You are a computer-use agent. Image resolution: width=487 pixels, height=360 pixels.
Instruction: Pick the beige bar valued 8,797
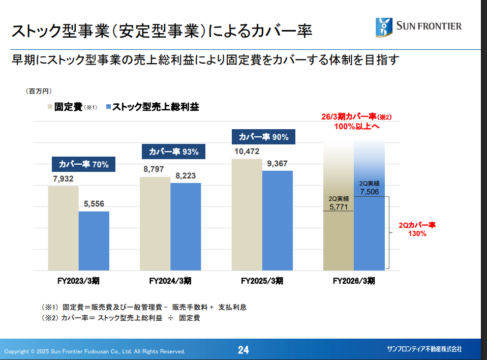155,223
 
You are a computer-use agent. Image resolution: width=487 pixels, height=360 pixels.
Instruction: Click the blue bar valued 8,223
186,226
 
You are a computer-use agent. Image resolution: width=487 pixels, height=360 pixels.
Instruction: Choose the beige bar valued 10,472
247,214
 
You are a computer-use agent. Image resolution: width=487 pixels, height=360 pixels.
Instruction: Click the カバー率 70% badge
80,164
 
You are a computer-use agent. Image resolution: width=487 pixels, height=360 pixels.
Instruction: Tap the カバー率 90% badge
263,137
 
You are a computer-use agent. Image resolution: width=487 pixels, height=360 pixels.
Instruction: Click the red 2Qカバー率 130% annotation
417,229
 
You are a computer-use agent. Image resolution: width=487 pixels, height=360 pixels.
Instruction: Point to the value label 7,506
370,191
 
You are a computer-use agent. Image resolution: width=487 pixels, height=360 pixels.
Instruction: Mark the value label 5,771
339,207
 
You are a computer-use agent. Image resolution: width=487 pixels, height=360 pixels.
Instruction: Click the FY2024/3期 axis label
170,280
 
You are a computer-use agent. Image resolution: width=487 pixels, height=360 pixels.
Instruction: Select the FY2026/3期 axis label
354,280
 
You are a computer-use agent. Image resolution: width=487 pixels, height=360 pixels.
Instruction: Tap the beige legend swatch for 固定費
50,107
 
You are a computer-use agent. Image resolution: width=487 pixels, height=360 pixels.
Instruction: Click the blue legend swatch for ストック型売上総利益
108,107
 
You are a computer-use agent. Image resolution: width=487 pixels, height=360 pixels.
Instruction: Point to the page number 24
244,350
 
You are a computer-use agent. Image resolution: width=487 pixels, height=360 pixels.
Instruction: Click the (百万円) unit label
39,91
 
